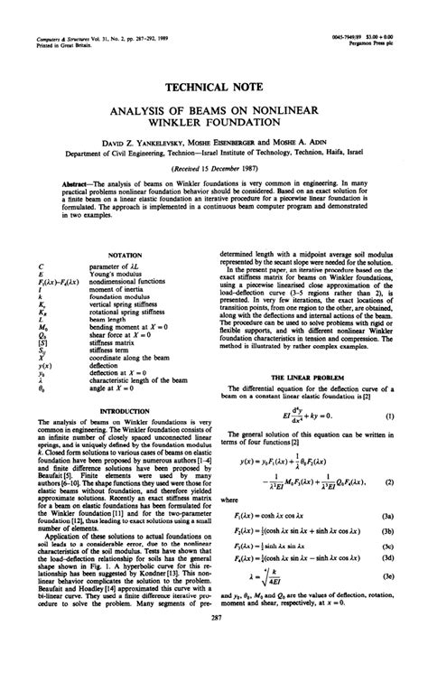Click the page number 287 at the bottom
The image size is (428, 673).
214,642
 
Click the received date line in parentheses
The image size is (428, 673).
214,167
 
